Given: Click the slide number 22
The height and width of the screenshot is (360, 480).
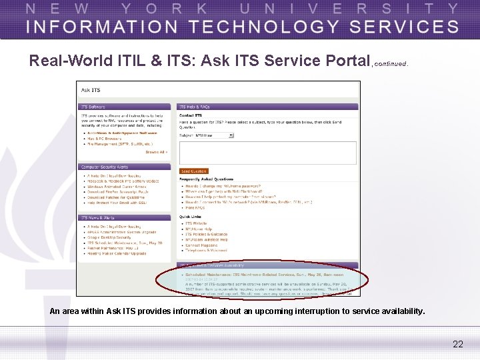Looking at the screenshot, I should point(457,344).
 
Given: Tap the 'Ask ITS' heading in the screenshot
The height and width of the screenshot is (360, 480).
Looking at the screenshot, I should point(91,90).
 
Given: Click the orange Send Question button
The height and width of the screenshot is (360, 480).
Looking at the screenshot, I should point(194,171).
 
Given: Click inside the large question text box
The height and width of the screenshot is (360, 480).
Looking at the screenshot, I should point(267,152).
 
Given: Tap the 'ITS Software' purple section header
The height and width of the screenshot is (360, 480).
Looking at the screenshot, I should point(93,107).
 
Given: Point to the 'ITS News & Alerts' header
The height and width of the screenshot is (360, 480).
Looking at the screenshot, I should point(97,217).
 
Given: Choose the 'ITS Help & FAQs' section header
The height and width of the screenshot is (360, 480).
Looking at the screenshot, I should point(195,107).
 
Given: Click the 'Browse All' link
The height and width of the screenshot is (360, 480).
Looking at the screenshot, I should point(156,152).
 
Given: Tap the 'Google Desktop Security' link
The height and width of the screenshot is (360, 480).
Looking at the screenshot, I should point(110,237).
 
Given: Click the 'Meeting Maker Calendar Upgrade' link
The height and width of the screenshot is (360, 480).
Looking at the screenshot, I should point(117,253).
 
